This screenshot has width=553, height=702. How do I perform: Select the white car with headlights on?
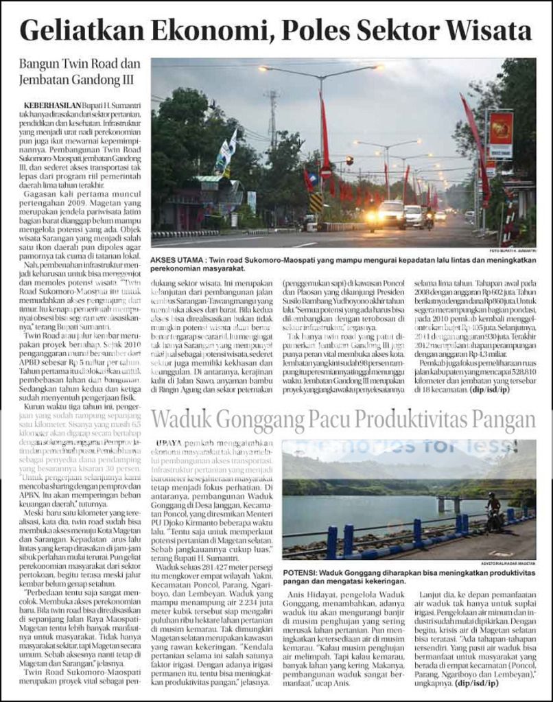click(x=391, y=214)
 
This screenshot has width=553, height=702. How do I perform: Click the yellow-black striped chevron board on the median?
click(x=316, y=202)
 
